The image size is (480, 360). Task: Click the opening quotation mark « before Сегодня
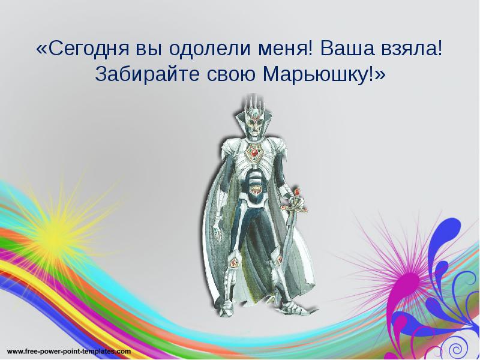[41, 49]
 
